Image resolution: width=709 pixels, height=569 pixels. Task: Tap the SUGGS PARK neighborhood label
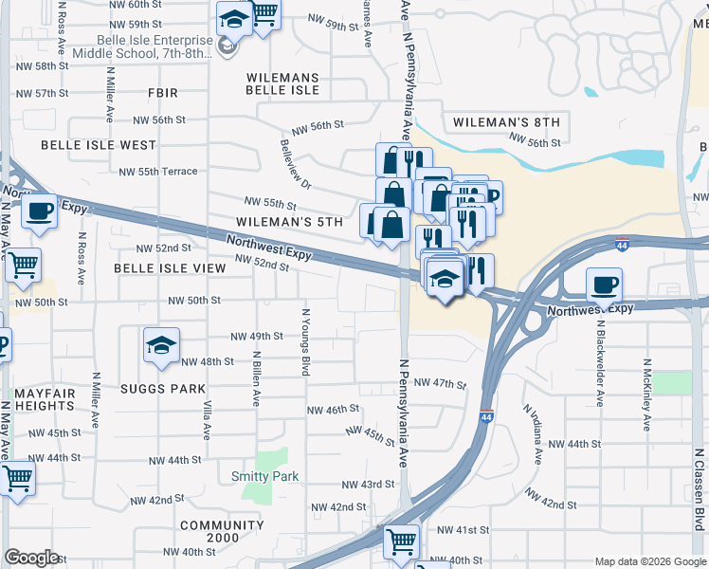pyautogui.click(x=163, y=389)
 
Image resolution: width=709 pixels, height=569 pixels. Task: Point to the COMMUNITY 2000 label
pyautogui.click(x=222, y=532)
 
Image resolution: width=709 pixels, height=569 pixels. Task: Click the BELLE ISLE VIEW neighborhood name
pyautogui.click(x=170, y=268)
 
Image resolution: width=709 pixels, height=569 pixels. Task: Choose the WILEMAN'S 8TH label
pyautogui.click(x=506, y=123)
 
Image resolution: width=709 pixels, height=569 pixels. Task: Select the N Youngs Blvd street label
pyautogui.click(x=305, y=341)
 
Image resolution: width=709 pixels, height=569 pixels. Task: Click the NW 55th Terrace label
pyautogui.click(x=158, y=172)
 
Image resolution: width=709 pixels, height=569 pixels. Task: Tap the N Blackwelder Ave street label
pyautogui.click(x=601, y=360)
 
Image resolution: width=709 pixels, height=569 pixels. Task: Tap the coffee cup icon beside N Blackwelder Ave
pyautogui.click(x=604, y=284)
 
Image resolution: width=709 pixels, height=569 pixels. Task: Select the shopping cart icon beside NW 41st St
pyautogui.click(x=401, y=541)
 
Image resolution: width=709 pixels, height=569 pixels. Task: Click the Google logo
pyautogui.click(x=31, y=558)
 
